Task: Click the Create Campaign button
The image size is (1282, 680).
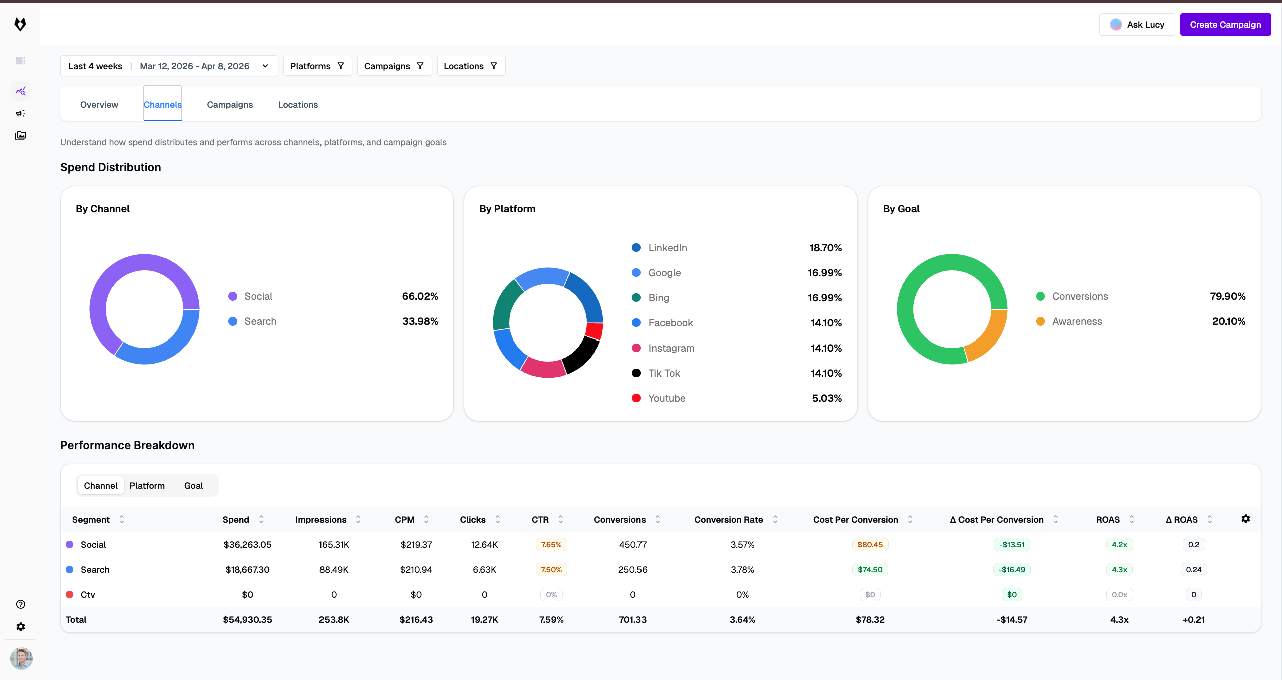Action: tap(1225, 25)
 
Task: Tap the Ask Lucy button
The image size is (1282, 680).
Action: tap(1137, 25)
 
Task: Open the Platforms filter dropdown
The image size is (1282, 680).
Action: tap(317, 66)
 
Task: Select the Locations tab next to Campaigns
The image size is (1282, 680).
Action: tap(298, 105)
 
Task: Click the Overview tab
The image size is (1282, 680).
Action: tap(99, 105)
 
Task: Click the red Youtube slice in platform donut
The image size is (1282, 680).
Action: tap(594, 331)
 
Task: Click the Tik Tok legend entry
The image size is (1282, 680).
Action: tap(664, 373)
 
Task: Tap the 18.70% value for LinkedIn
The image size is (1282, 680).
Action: tap(825, 248)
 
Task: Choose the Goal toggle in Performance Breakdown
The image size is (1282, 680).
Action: tap(193, 486)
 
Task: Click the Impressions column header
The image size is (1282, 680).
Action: tap(320, 520)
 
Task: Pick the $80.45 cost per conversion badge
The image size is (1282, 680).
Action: tap(870, 545)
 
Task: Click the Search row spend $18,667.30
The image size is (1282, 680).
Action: tap(247, 570)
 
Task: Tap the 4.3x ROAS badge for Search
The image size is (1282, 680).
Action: tap(1119, 570)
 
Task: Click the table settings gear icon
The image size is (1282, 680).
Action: tap(1246, 519)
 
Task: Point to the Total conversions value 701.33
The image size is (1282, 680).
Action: tap(632, 620)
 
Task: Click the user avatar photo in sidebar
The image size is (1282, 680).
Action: tap(21, 658)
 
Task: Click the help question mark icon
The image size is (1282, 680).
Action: tap(21, 604)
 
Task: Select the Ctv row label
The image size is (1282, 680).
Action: tap(88, 595)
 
